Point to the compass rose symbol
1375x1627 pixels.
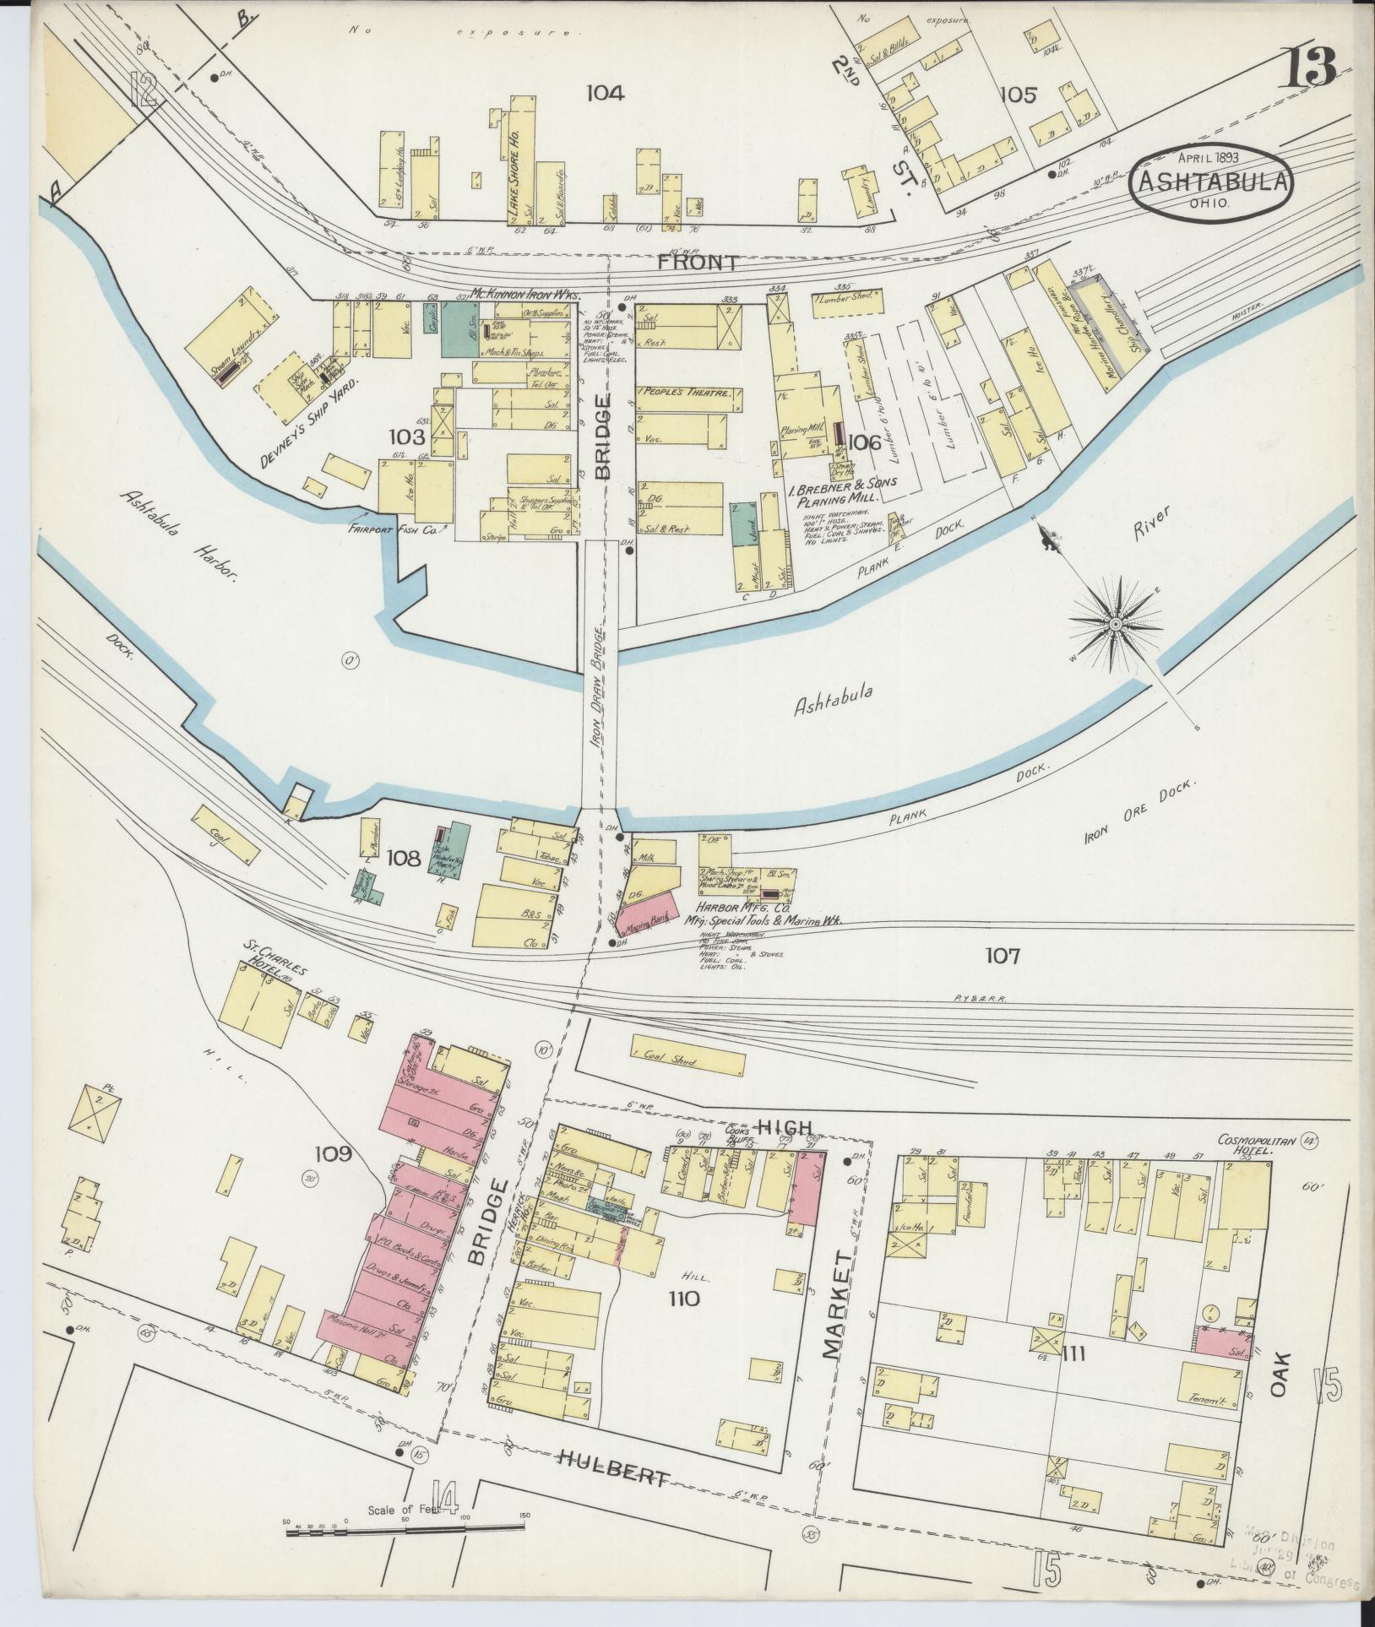[x=1116, y=624]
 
